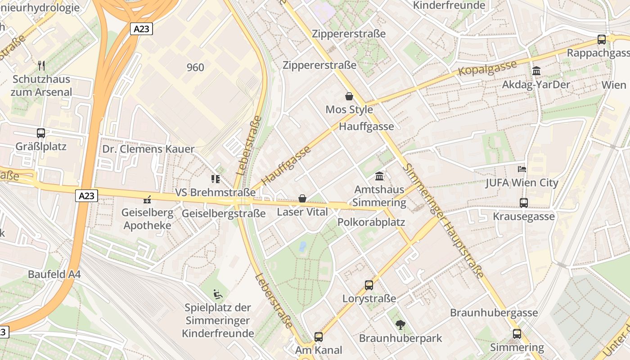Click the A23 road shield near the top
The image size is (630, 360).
coord(142,29)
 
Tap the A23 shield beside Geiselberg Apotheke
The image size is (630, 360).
coord(86,196)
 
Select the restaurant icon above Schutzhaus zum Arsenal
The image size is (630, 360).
coord(41,66)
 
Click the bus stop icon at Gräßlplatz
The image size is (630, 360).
coord(41,133)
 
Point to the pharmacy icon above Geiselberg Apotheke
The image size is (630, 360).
coord(147,199)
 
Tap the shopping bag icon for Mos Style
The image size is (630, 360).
coord(349,96)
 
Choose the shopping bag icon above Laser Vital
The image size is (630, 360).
coord(302,198)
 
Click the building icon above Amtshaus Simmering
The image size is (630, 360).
coord(379,176)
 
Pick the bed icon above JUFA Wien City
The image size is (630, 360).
coord(522,169)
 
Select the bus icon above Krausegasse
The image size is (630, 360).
coord(524,203)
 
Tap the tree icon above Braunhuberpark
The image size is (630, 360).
coord(400,324)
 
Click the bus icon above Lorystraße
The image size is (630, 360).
coord(369,285)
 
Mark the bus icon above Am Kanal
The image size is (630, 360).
coord(319,337)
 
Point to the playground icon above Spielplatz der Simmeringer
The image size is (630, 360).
coord(218,294)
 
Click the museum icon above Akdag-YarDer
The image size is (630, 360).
coord(536,71)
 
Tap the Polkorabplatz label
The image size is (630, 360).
coord(371,222)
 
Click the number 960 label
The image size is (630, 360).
coord(195,67)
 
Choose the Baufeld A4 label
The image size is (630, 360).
coord(54,274)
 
